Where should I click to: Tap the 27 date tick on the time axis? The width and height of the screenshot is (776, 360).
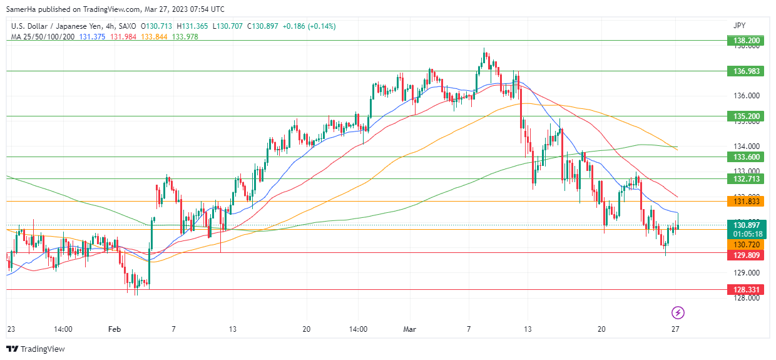[x=675, y=329]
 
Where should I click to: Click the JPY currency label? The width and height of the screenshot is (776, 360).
[x=740, y=26]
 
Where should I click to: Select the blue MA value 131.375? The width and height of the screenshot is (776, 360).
[x=93, y=36]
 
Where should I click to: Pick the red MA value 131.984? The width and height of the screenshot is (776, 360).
[x=123, y=36]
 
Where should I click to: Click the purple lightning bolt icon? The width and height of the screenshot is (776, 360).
[x=678, y=312]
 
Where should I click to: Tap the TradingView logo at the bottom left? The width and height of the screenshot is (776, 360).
[x=36, y=349]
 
